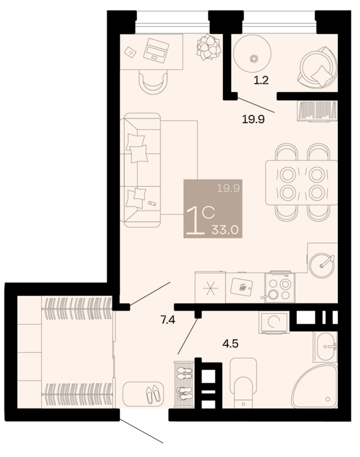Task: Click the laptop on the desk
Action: [156, 50]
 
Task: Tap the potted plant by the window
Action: [208, 47]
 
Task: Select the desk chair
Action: [153, 82]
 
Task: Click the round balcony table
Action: [253, 53]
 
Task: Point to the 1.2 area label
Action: [261, 80]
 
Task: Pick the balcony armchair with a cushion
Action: [317, 68]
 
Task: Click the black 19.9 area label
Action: [253, 119]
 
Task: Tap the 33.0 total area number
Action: [225, 230]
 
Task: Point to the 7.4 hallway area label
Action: [168, 320]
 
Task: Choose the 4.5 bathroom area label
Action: [230, 344]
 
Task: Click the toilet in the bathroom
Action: [243, 383]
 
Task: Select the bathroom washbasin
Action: [325, 347]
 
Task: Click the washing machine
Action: [274, 322]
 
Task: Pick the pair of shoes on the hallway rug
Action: [153, 394]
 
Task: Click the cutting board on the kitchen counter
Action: [241, 287]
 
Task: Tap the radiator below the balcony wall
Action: [317, 110]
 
